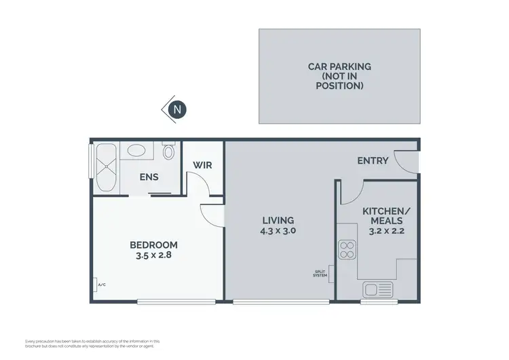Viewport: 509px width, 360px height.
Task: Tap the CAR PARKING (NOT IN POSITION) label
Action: pyautogui.click(x=339, y=76)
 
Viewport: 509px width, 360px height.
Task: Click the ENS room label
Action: pyautogui.click(x=149, y=177)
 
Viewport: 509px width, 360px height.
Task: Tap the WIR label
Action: pyautogui.click(x=204, y=165)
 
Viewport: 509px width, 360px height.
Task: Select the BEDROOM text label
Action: pyautogui.click(x=154, y=245)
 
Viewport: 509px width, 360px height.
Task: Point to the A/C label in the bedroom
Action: pyautogui.click(x=101, y=286)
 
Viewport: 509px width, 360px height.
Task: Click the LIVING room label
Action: pyautogui.click(x=278, y=220)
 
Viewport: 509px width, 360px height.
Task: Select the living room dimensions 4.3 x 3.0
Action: pyautogui.click(x=278, y=231)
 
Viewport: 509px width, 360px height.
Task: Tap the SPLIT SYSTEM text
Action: pyautogui.click(x=320, y=273)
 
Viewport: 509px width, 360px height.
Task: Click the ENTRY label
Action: pyautogui.click(x=373, y=161)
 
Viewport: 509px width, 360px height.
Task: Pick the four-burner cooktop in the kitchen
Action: pyautogui.click(x=347, y=251)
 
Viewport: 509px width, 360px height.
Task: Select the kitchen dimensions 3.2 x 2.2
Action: pyautogui.click(x=385, y=231)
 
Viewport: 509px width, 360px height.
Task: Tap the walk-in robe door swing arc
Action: pyautogui.click(x=195, y=183)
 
